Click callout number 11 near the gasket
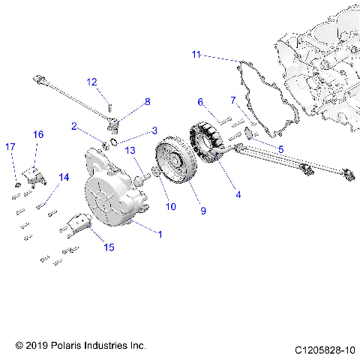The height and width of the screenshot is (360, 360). coord(196,55)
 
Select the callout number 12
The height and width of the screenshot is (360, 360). coord(91,82)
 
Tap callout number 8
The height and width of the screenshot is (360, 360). coord(147,101)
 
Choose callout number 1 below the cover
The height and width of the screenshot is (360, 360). coord(159,233)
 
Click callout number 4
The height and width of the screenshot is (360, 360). coord(238,195)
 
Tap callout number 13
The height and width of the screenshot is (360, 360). coord(129,151)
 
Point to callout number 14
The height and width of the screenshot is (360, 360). coord(64,177)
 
